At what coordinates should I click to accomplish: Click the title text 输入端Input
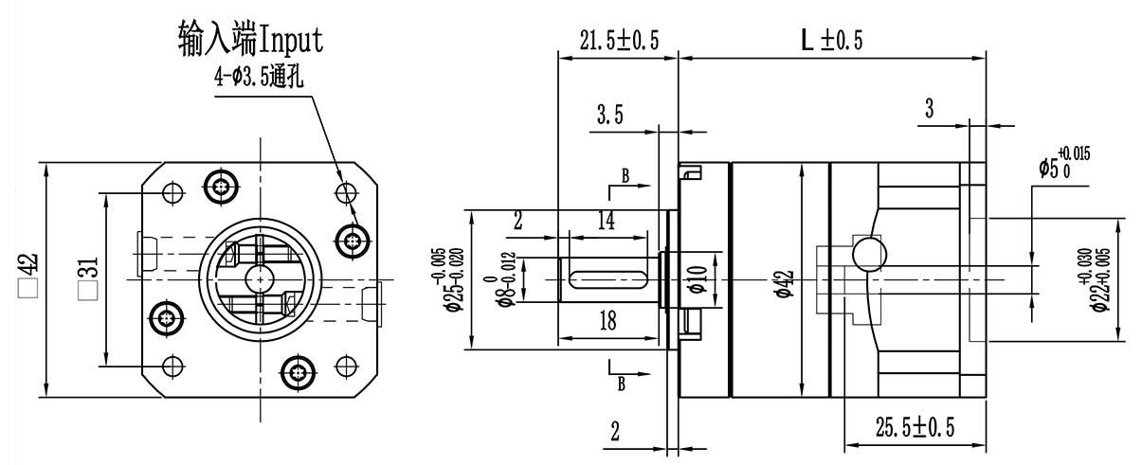click(250, 39)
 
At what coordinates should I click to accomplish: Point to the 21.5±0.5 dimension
click(619, 39)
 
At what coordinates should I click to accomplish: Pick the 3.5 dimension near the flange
click(609, 116)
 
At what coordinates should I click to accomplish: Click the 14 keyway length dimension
click(607, 222)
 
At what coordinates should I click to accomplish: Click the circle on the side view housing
click(869, 253)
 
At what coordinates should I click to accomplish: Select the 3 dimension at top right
click(929, 109)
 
